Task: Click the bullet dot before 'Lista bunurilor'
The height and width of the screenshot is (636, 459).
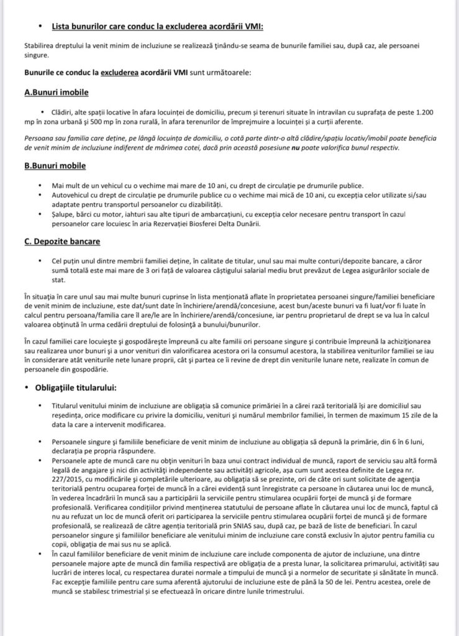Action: coord(40,26)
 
